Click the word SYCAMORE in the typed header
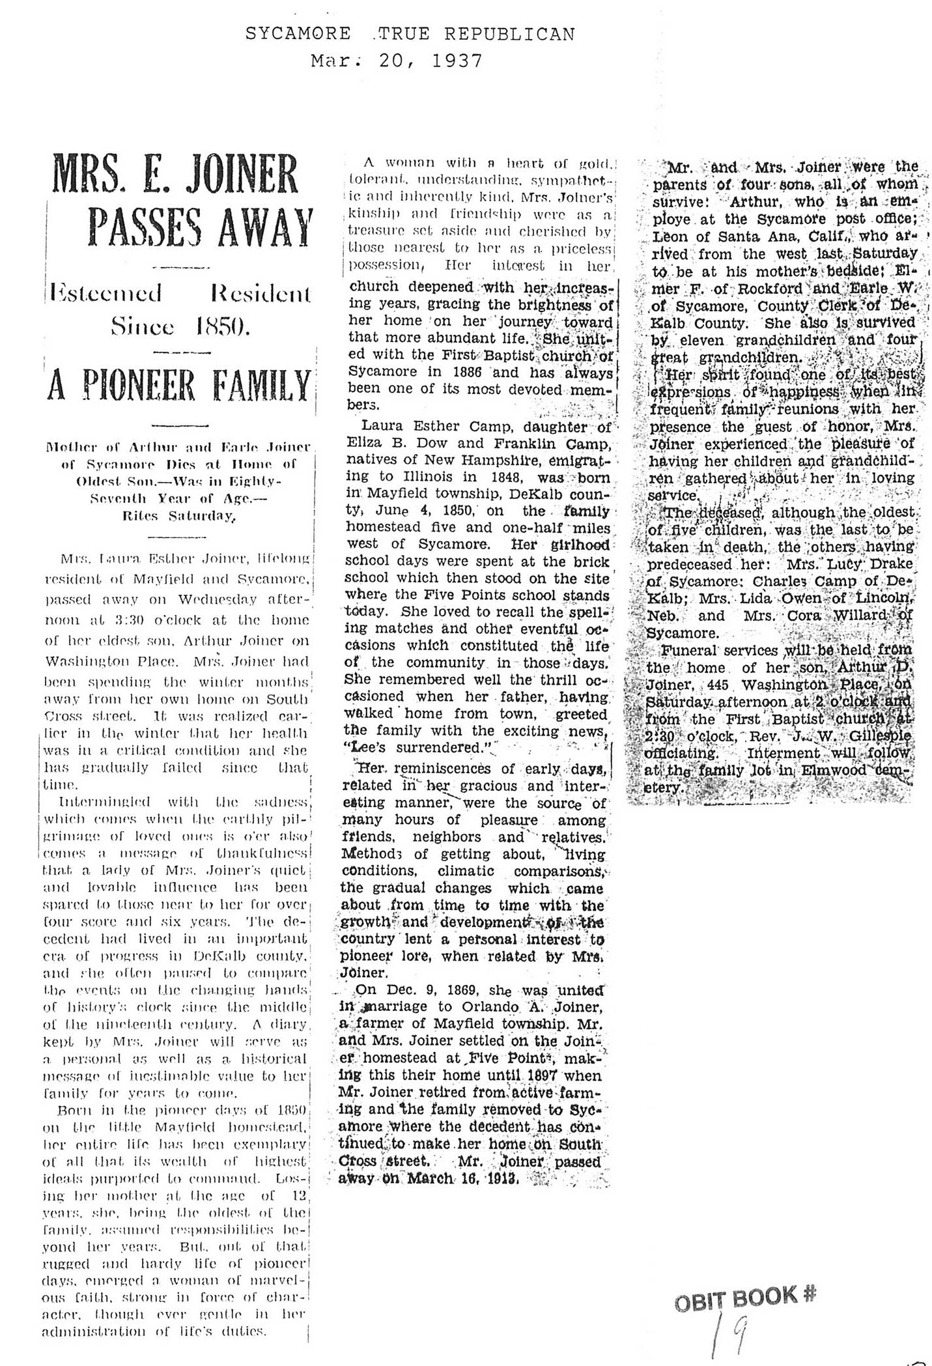point(298,34)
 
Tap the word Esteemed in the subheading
point(109,294)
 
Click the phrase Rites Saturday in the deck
point(180,517)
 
